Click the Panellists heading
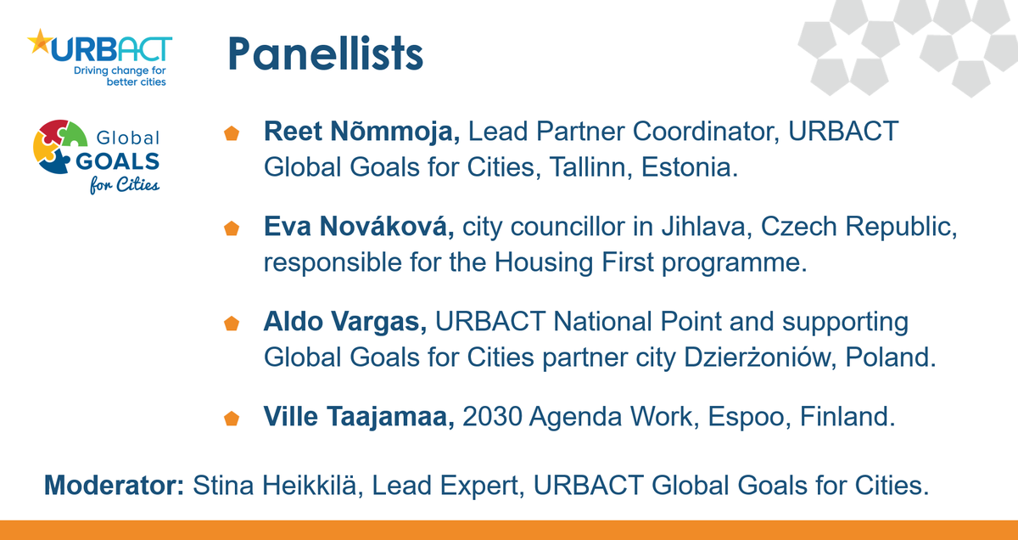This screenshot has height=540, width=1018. [325, 53]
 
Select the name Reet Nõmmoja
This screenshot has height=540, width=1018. [362, 132]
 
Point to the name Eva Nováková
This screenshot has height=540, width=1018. [361, 228]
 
